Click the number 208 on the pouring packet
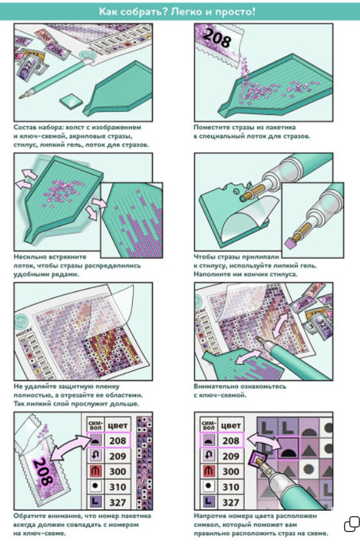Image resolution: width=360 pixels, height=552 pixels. pos(217,38)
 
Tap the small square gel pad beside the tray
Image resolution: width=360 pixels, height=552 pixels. pos(71,101)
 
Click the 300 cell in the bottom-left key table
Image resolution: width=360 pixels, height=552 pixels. pos(117,471)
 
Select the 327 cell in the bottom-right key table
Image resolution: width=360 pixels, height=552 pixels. pos(231,503)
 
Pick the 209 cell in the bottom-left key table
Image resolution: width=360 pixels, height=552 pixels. pos(117,456)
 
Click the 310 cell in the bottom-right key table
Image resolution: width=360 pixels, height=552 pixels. pos(231,487)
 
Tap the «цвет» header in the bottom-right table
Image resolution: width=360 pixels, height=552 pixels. pos(231,426)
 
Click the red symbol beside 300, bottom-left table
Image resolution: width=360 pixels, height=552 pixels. pos(96,471)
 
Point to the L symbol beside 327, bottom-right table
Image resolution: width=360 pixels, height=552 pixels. pos(209,502)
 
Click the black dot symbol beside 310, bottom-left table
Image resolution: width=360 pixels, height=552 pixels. pos(96,487)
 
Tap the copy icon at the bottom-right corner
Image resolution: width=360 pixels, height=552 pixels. pos(352,524)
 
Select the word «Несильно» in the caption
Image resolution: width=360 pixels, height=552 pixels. pos(30,257)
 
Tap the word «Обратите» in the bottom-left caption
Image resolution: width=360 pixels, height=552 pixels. pos(30,516)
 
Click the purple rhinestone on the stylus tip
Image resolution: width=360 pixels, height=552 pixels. pos(291,243)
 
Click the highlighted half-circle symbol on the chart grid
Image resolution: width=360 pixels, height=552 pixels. pos(287,448)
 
